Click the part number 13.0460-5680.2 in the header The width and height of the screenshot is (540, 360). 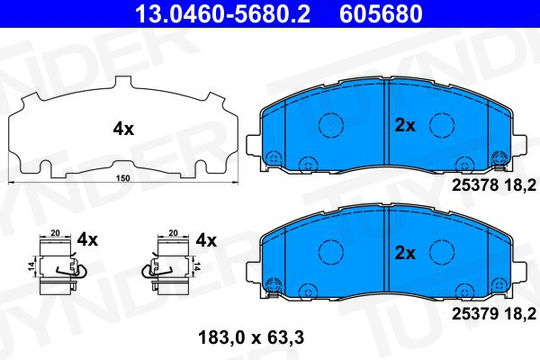point(223,14)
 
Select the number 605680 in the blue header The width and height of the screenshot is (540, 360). point(381,14)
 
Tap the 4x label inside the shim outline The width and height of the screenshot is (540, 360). point(123,129)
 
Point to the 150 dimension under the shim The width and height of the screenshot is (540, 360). point(123,178)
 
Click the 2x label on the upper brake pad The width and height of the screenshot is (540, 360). point(405,126)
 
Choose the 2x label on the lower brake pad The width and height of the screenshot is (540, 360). point(405,253)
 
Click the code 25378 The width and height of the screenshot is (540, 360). point(475,186)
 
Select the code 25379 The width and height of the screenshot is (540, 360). point(475,313)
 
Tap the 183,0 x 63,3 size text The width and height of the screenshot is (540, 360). point(251,338)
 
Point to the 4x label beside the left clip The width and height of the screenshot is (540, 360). point(87,239)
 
